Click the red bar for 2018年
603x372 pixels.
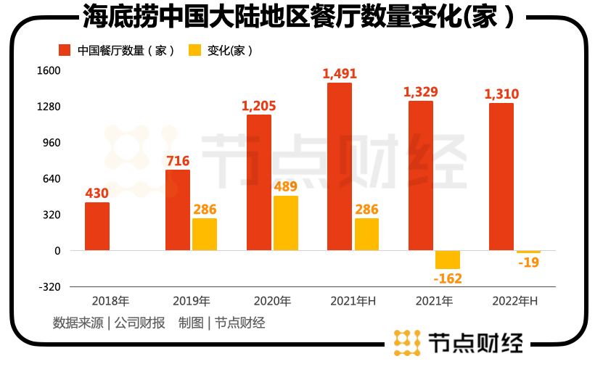coord(97,226)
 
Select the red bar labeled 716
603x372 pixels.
coord(178,210)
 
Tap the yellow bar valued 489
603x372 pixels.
coord(286,223)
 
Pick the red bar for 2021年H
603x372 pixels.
coord(340,167)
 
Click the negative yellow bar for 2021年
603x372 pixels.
coord(448,260)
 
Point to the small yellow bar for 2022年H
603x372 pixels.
coord(528,252)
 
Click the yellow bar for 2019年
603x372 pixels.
coord(205,234)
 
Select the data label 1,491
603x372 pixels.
coord(340,74)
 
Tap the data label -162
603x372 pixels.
coord(448,278)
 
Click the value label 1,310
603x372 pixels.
coord(501,94)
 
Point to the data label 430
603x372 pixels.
coord(97,194)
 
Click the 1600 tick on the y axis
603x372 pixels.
coord(50,71)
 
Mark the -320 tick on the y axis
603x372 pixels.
coord(50,286)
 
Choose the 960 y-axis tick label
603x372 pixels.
coord(52,143)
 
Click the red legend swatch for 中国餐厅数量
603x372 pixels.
coord(65,51)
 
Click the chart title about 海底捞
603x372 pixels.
coord(298,16)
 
